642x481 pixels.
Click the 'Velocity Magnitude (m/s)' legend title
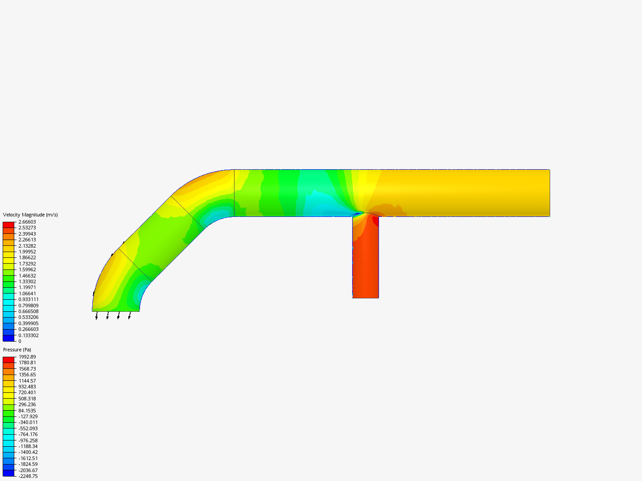pyautogui.click(x=30, y=215)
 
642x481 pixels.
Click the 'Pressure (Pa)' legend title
pyautogui.click(x=17, y=350)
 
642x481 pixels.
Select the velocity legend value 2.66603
pyautogui.click(x=27, y=222)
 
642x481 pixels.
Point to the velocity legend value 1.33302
pyautogui.click(x=27, y=281)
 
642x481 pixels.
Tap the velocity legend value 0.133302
pyautogui.click(x=29, y=335)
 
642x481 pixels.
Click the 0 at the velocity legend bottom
pyautogui.click(x=20, y=341)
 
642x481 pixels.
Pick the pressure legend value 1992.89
pyautogui.click(x=27, y=357)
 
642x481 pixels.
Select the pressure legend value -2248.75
pyautogui.click(x=28, y=476)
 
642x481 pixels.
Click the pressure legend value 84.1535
pyautogui.click(x=27, y=411)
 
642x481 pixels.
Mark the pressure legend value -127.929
pyautogui.click(x=28, y=416)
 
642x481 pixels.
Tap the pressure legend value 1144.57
pyautogui.click(x=27, y=381)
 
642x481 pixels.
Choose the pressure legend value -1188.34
pyautogui.click(x=28, y=446)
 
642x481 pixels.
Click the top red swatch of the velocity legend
pyautogui.click(x=8, y=225)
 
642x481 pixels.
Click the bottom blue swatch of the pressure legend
pyautogui.click(x=8, y=473)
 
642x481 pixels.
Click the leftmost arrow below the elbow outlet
pyautogui.click(x=97, y=316)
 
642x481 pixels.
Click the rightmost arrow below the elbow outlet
pyautogui.click(x=130, y=316)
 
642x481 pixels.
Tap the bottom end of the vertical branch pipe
pyautogui.click(x=366, y=297)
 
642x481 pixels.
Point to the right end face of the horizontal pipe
pyautogui.click(x=549, y=193)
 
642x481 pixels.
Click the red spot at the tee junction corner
pyautogui.click(x=375, y=220)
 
